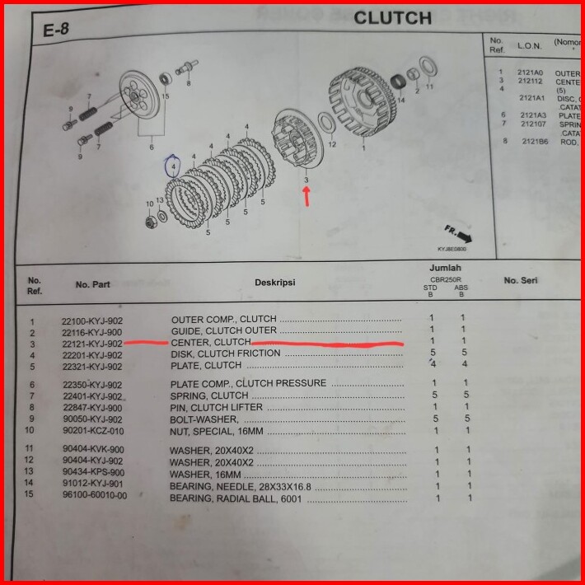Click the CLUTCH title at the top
pos(392,17)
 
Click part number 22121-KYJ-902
pos(92,343)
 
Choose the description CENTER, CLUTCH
pos(210,342)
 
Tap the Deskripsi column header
pos(274,283)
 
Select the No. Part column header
pos(93,284)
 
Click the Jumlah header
pos(445,269)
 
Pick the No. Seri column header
pos(521,281)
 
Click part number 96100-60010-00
pos(94,495)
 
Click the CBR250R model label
pos(445,280)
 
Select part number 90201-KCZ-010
pos(92,430)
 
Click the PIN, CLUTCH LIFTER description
pos(216,407)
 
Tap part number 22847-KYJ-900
pos(92,407)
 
